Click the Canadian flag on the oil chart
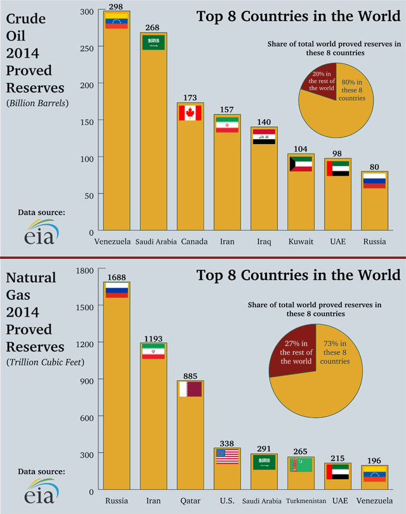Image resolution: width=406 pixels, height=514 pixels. [189, 113]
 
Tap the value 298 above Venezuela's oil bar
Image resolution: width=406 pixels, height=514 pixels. [115, 7]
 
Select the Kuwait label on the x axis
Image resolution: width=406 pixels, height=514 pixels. [300, 242]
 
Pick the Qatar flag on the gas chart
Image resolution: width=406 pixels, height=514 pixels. [190, 389]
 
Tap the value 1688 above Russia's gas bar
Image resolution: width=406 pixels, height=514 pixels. [116, 277]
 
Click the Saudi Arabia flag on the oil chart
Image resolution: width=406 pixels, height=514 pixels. [152, 43]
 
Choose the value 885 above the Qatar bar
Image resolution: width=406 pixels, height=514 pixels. [190, 376]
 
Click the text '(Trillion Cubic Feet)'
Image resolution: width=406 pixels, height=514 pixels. [36, 362]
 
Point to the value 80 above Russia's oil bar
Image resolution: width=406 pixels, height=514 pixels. [374, 167]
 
